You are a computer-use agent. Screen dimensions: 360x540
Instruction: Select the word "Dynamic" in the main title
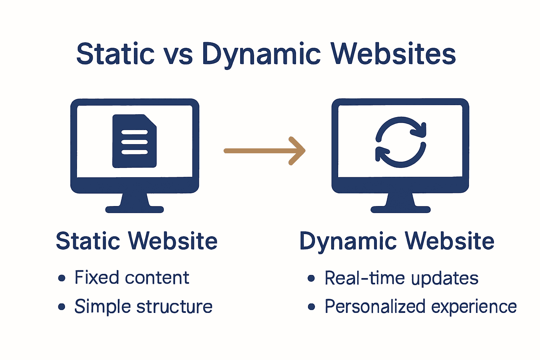(261, 55)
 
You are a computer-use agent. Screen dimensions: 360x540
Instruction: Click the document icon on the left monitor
(134, 141)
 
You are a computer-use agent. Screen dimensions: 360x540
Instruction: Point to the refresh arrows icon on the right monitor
(400, 142)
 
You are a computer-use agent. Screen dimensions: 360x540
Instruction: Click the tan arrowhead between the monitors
(298, 151)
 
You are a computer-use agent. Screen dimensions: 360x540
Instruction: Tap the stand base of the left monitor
(135, 210)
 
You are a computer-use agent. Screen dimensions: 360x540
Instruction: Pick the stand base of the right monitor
(400, 210)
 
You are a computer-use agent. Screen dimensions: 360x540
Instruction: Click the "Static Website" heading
(137, 241)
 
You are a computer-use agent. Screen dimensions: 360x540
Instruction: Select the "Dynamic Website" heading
(397, 242)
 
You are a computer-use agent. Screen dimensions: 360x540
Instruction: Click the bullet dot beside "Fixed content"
(62, 278)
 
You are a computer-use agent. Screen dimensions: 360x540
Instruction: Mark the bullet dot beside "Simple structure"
(62, 307)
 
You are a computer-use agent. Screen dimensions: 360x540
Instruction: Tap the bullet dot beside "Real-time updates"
(311, 278)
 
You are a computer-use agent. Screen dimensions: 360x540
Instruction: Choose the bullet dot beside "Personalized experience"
(311, 307)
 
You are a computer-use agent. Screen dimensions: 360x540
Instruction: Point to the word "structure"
(175, 307)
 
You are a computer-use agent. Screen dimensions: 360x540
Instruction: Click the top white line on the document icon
(134, 133)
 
